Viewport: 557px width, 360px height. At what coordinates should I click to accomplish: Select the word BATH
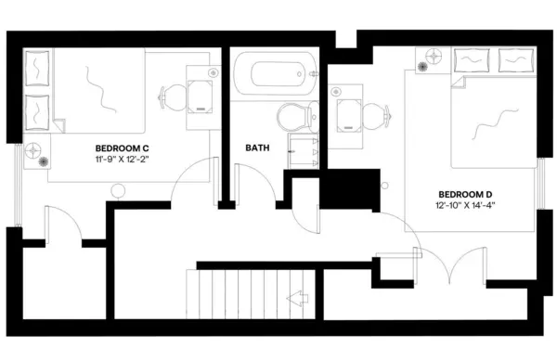coord(258,148)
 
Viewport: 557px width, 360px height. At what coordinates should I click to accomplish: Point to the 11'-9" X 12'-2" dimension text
coord(123,161)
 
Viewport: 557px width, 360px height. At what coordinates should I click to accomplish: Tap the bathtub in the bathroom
coord(274,74)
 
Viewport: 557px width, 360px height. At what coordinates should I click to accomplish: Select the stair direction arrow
coord(298,300)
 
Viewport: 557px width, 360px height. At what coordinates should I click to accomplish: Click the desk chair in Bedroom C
coord(173,96)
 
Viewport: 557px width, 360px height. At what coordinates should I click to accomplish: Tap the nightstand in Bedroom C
coord(36,151)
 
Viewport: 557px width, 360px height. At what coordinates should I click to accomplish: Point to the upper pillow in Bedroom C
coord(38,68)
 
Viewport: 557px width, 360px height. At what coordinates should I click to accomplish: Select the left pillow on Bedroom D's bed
coord(479,60)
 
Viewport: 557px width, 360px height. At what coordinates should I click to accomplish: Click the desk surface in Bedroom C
coord(201,93)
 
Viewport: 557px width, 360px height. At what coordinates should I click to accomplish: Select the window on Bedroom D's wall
coord(540,195)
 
